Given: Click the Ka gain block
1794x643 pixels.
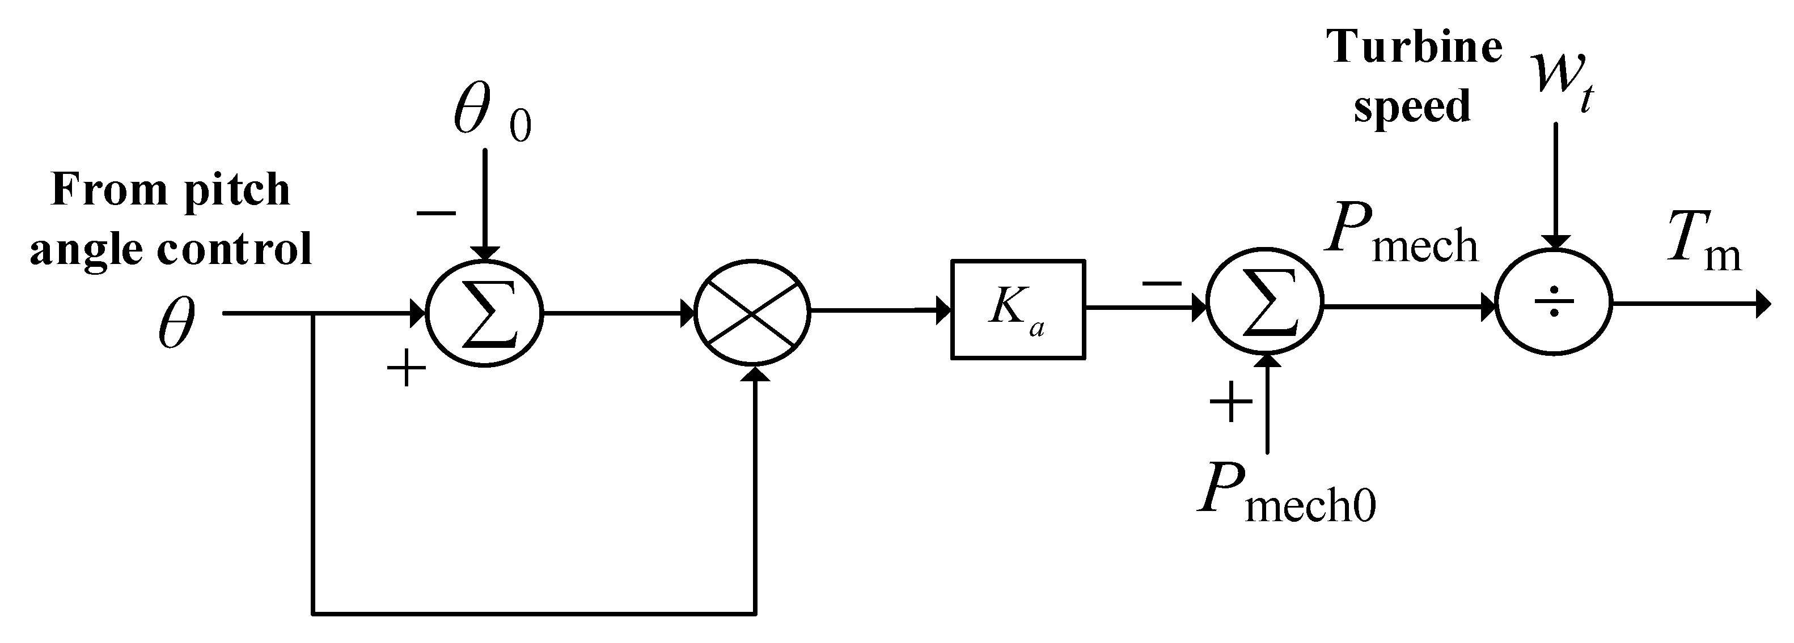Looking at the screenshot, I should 1017,310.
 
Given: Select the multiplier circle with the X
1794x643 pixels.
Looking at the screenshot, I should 752,313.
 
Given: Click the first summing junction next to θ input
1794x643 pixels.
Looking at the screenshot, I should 485,314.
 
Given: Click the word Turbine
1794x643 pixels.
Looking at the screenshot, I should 1414,48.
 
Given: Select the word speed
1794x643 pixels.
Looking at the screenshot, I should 1412,107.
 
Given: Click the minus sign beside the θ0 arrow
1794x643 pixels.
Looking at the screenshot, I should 436,213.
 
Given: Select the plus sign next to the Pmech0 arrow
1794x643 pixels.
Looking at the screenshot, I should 1230,402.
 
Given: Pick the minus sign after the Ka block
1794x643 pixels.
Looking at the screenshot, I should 1162,283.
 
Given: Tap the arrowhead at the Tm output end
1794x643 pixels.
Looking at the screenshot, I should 1763,304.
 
